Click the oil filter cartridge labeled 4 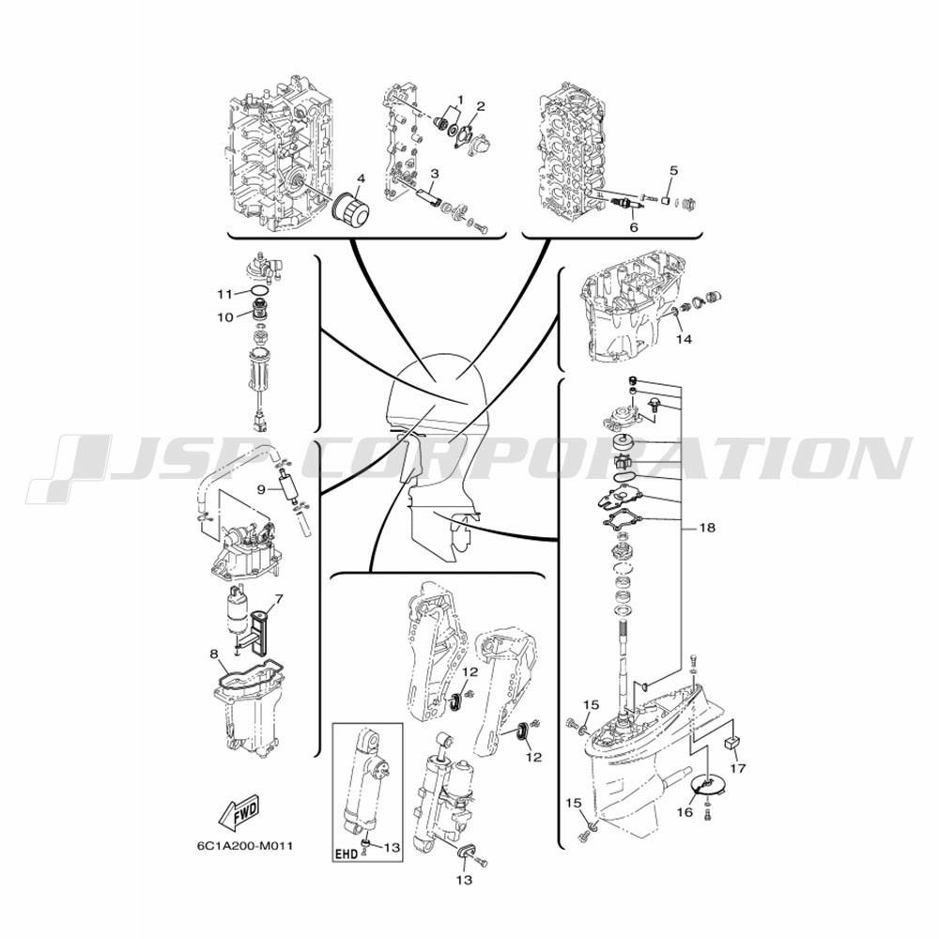click(352, 210)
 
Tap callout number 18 click(707, 528)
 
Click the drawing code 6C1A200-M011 click(245, 846)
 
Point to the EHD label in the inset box click(347, 853)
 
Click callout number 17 click(738, 768)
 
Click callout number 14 click(684, 339)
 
